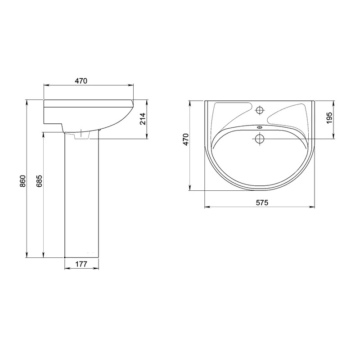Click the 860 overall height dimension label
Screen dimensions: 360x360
point(22,181)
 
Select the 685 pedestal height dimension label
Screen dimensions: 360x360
point(39,181)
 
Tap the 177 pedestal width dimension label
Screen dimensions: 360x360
point(81,264)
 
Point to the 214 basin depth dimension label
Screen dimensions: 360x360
point(143,118)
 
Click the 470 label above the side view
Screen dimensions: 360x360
point(81,81)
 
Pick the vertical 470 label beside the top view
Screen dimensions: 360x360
point(185,139)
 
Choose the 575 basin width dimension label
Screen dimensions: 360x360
point(262,202)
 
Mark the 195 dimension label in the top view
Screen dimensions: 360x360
point(329,118)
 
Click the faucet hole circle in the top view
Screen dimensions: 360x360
point(260,110)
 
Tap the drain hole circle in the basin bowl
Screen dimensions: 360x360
point(260,139)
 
